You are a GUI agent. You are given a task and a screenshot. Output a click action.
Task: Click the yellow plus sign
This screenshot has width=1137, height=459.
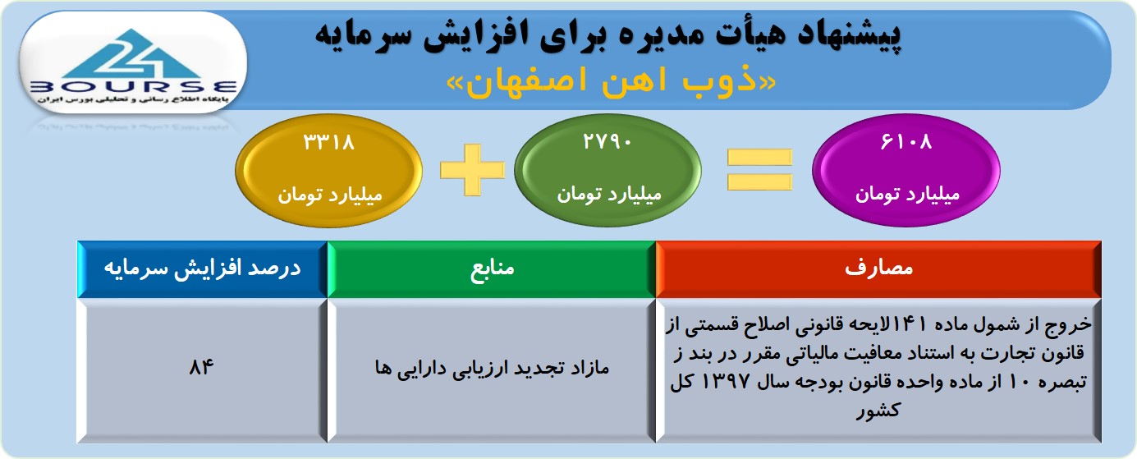point(473,170)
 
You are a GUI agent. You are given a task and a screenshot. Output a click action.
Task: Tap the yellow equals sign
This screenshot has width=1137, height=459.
point(759,170)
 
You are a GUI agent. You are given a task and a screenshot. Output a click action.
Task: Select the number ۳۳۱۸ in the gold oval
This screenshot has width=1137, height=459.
point(329,142)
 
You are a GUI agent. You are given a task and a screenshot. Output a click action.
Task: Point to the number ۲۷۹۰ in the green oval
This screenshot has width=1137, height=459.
point(607,142)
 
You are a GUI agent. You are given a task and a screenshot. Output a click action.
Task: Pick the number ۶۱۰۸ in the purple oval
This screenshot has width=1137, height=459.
point(906,142)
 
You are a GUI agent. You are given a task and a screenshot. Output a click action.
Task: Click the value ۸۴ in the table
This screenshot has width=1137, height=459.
point(201,366)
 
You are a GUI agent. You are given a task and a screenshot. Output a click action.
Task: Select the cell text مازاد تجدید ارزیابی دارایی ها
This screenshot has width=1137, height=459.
point(492,368)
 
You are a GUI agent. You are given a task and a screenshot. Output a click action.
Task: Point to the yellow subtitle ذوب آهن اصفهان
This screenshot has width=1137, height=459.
point(611,82)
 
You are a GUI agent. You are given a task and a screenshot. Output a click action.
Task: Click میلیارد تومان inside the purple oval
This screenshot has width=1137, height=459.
point(907,195)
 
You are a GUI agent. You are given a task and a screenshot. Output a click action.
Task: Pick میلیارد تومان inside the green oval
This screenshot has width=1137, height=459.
point(609,195)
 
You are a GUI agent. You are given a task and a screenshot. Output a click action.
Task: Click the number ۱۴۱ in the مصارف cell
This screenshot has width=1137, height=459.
point(910,324)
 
